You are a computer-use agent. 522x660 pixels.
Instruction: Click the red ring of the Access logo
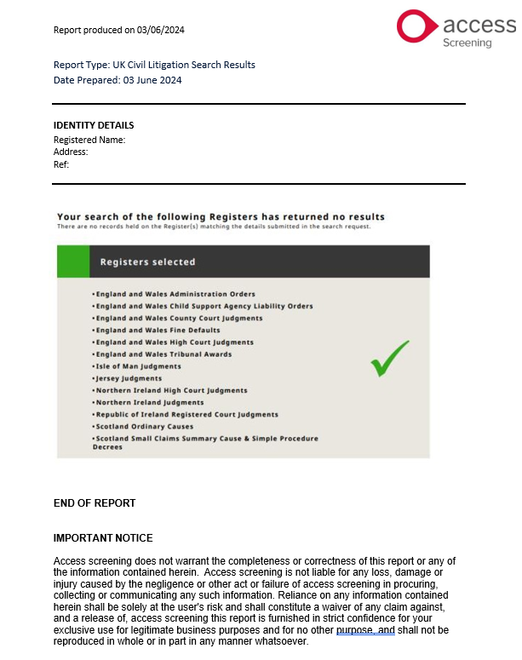click(x=417, y=26)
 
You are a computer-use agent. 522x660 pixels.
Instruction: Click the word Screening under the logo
click(x=468, y=43)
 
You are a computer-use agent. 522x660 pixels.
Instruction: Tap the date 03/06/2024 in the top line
click(x=161, y=30)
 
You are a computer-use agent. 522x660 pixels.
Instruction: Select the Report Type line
click(x=154, y=65)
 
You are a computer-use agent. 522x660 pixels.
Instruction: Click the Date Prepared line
click(x=118, y=80)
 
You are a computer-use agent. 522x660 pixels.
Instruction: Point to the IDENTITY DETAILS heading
click(x=94, y=125)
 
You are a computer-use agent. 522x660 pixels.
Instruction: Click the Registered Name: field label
click(x=89, y=140)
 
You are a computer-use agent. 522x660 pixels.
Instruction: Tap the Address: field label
click(x=71, y=152)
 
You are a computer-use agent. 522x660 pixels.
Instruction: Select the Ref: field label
click(x=61, y=164)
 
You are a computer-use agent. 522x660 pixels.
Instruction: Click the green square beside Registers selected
click(x=73, y=261)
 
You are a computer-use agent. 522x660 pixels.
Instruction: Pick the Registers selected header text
click(x=147, y=262)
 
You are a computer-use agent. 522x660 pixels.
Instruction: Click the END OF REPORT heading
click(x=95, y=502)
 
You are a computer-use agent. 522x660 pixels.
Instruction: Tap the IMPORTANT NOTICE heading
click(x=103, y=538)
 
